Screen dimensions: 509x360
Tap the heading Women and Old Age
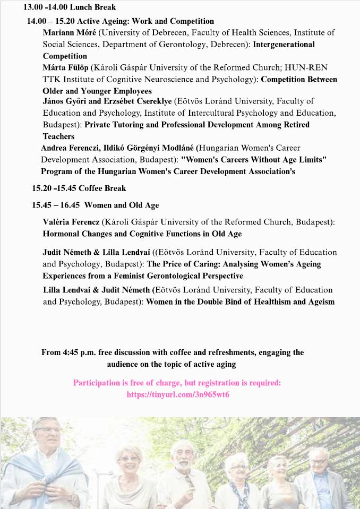coord(122,205)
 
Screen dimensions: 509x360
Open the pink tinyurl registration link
coord(177,395)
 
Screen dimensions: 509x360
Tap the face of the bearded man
coord(183,456)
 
